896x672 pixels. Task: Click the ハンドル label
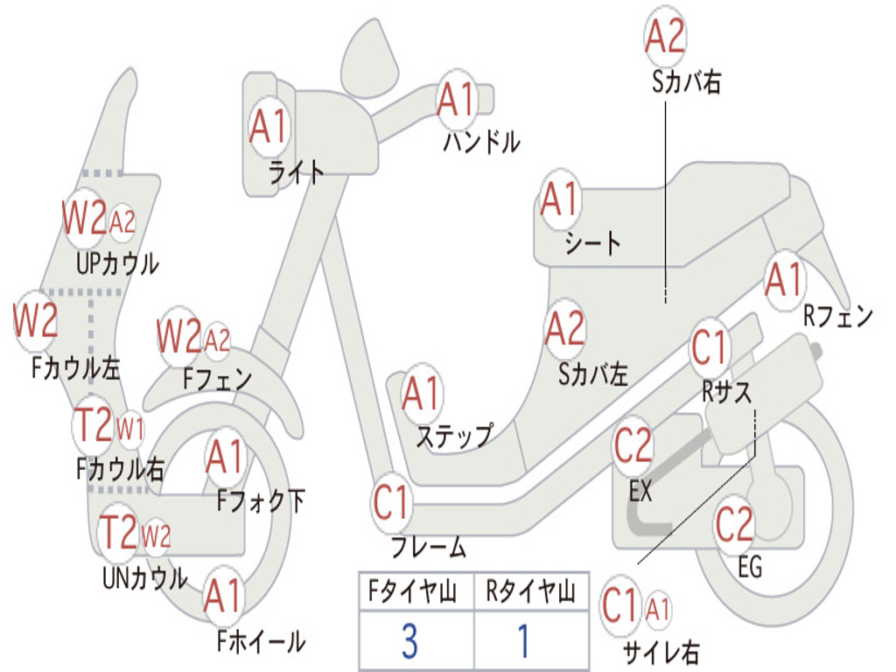tap(482, 141)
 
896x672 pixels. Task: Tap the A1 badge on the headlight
tap(269, 126)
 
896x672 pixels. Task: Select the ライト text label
tap(297, 172)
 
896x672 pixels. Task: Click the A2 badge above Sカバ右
tap(665, 36)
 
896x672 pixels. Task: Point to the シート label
tap(592, 243)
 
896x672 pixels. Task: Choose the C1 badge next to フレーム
tap(391, 502)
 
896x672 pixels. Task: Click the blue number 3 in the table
tap(409, 641)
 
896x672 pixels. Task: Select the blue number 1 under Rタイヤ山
tap(524, 641)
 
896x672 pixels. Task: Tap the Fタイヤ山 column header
tap(412, 591)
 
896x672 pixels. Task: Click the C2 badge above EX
tap(633, 445)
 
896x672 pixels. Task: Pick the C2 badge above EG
tap(734, 524)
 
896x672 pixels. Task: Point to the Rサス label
tap(726, 392)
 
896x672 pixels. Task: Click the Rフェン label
tap(838, 316)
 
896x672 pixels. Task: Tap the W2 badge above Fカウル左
tap(35, 320)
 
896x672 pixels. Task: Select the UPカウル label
tap(117, 264)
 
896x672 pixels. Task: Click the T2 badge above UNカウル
tap(118, 532)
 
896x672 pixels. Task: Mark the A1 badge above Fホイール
tap(223, 596)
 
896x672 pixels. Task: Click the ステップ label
tap(454, 437)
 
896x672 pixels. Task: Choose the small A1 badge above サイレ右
tap(657, 609)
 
